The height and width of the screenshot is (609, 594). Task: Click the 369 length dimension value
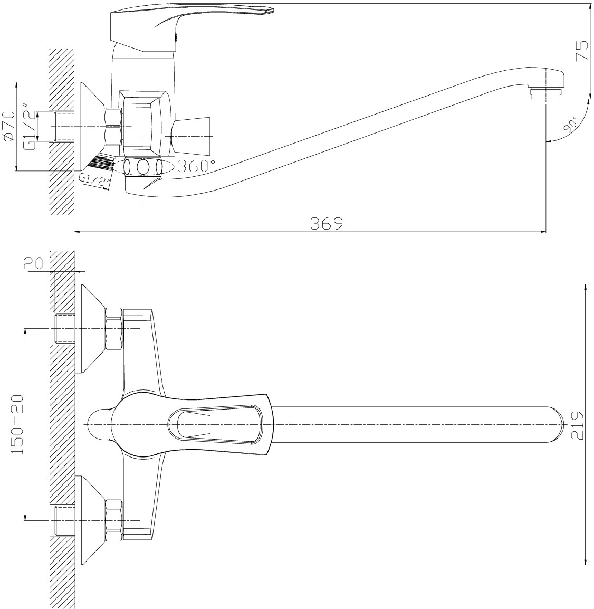(327, 223)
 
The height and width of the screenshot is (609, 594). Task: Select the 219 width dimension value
(577, 425)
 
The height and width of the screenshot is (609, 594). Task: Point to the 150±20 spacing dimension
(17, 424)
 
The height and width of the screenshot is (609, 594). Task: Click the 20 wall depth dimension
(34, 264)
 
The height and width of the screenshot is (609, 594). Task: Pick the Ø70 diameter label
(8, 126)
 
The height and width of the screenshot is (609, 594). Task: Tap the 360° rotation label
(196, 166)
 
